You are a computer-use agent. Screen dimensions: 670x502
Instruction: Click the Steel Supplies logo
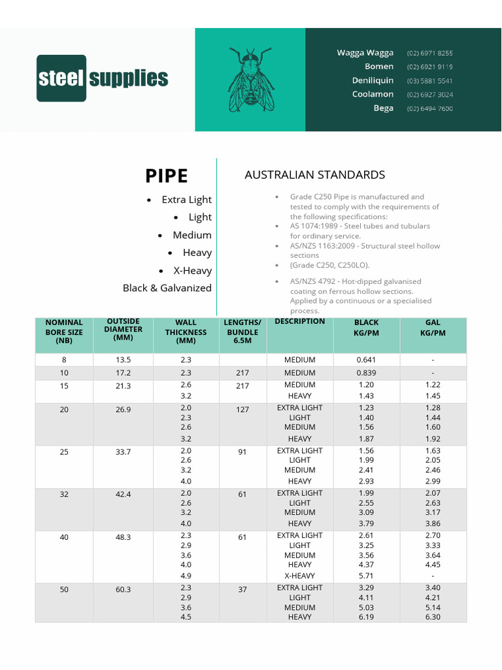click(103, 79)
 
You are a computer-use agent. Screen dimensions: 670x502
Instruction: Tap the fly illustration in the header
click(250, 79)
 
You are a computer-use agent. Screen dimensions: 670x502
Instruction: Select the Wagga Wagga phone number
click(429, 53)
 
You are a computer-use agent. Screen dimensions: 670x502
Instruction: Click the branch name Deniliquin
click(373, 80)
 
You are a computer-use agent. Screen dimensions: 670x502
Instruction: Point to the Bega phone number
click(429, 109)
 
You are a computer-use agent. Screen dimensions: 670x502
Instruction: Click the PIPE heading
click(166, 176)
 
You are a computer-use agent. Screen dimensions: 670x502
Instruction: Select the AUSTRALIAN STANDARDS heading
click(314, 175)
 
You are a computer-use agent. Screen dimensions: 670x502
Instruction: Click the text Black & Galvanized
click(167, 288)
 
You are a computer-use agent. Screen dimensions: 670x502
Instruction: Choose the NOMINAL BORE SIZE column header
click(64, 332)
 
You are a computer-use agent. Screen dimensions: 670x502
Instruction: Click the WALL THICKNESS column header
click(186, 332)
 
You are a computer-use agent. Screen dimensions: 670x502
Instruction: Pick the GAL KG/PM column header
click(432, 328)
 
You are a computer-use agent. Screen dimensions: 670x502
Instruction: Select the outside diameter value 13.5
click(123, 360)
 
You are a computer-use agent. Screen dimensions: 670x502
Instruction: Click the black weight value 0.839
click(366, 373)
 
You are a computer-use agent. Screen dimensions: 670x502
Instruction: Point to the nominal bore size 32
click(64, 495)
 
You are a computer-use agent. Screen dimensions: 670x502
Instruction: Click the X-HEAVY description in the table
click(299, 576)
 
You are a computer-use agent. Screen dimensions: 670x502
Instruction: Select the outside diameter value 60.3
click(123, 590)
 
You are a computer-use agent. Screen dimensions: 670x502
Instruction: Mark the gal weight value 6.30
click(432, 617)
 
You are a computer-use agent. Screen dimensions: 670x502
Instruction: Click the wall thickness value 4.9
click(186, 576)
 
